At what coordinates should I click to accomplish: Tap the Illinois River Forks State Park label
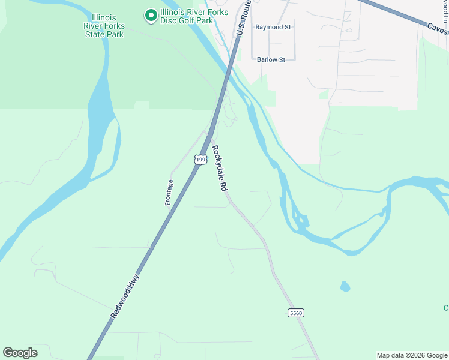pyautogui.click(x=104, y=26)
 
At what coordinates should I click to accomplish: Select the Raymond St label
pyautogui.click(x=273, y=28)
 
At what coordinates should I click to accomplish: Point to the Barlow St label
pyautogui.click(x=271, y=59)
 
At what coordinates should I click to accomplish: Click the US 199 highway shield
pyautogui.click(x=200, y=159)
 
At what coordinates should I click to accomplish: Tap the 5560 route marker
pyautogui.click(x=296, y=313)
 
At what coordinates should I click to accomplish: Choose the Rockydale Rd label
pyautogui.click(x=219, y=169)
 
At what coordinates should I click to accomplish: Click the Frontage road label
pyautogui.click(x=169, y=193)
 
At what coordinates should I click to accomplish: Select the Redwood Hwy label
pyautogui.click(x=125, y=296)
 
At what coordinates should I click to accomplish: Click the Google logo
pyautogui.click(x=20, y=353)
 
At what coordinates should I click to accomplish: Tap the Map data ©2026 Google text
pyautogui.click(x=411, y=355)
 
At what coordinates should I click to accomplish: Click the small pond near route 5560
pyautogui.click(x=345, y=286)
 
